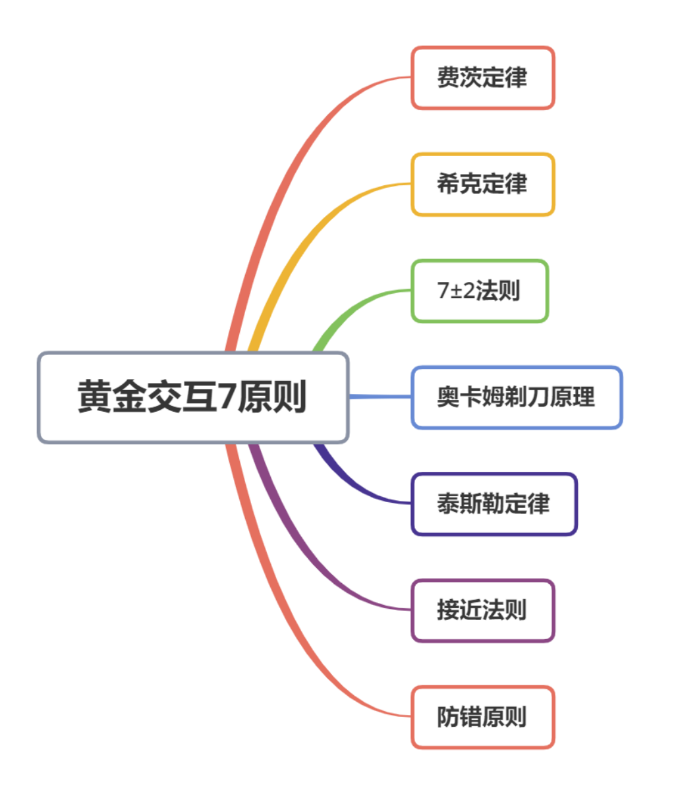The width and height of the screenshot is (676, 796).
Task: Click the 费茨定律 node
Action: point(482,78)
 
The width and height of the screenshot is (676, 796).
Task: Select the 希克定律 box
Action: point(482,184)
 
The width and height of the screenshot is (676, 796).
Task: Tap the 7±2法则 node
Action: point(479,291)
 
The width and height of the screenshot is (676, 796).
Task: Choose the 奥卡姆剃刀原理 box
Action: point(516,397)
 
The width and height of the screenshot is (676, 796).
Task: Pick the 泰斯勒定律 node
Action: point(493,504)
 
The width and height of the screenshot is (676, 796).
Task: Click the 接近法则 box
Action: point(482,610)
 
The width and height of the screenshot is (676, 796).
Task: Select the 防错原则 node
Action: point(482,717)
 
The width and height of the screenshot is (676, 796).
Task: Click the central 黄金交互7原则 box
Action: point(192,397)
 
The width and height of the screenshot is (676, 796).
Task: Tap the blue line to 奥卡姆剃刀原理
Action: point(380,397)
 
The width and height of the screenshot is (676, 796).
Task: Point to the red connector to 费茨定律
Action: point(290,165)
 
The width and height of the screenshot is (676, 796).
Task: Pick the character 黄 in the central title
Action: point(94,397)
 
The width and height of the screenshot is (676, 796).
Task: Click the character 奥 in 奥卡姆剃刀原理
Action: point(447,397)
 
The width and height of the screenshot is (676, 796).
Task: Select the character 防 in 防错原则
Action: point(447,717)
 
